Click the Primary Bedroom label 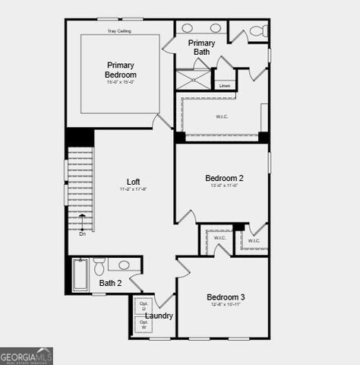point(121,70)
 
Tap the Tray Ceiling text point(118,31)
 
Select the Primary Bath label point(201,47)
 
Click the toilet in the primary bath point(257,31)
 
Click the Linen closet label point(225,85)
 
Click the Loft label point(133,182)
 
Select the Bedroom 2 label point(224,179)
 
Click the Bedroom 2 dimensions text point(224,187)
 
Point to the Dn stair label point(82,233)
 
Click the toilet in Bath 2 point(99,268)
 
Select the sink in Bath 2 point(123,265)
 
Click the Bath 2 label point(110,283)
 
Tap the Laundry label point(159,316)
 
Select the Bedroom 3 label point(226,297)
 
